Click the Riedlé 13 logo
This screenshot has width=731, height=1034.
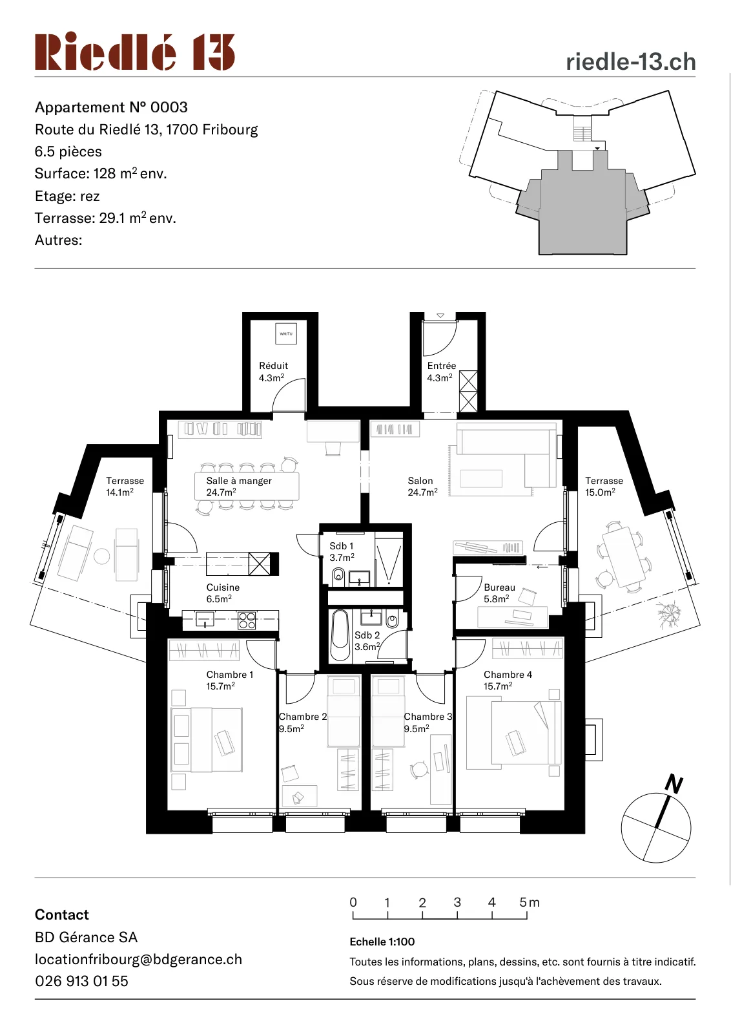[135, 51]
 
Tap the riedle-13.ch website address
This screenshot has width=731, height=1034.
[630, 62]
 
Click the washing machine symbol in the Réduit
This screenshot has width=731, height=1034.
[286, 333]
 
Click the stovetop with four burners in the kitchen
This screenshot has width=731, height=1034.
[247, 620]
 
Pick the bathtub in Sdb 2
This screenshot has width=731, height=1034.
[340, 635]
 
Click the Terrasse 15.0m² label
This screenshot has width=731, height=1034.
[604, 486]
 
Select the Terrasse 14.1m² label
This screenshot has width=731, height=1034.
[125, 486]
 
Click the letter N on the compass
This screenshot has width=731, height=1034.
[674, 785]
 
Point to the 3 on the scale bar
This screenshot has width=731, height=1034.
[457, 902]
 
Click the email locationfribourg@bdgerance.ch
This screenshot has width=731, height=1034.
[138, 960]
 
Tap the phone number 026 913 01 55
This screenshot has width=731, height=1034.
[81, 982]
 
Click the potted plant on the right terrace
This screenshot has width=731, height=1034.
[669, 615]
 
